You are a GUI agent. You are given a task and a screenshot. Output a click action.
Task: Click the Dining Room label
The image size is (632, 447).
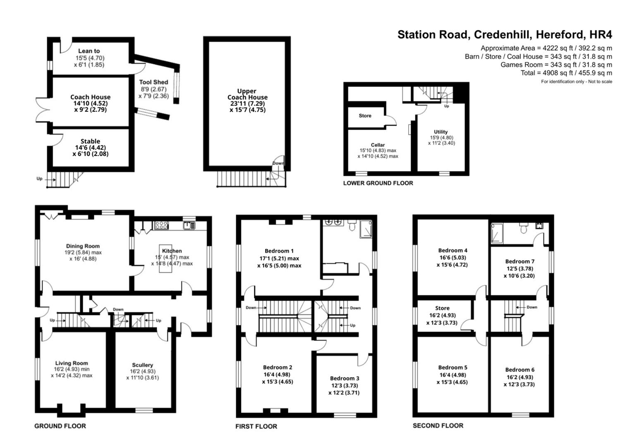point(83,246)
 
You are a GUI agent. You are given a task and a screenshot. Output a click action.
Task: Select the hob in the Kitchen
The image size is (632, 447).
point(161,225)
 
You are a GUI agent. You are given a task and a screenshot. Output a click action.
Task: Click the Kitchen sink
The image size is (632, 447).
point(190,225)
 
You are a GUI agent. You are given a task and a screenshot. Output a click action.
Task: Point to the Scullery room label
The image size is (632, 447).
point(142,365)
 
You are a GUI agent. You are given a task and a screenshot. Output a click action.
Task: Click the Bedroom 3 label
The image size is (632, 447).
point(345,378)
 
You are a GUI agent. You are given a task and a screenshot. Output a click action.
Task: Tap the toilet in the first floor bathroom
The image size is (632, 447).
point(352,225)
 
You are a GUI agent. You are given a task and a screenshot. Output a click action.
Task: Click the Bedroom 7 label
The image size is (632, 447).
point(519,261)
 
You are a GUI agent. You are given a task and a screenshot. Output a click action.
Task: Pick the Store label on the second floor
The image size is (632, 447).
point(442,308)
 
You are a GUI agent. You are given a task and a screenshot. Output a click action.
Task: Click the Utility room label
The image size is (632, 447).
point(441,132)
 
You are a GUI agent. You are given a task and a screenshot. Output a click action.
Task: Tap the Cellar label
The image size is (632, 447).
point(378,145)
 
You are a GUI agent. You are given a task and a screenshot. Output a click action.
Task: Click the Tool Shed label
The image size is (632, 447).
point(153,82)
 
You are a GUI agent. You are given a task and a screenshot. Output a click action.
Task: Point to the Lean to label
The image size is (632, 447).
point(89,51)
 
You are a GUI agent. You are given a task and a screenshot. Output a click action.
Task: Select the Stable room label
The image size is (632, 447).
point(90,141)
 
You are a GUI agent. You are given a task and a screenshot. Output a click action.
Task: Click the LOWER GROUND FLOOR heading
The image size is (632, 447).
point(378,183)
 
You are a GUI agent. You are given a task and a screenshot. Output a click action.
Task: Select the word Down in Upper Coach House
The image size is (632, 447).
point(278,163)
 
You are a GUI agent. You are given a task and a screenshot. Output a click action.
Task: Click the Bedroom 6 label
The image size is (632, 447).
point(519,370)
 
